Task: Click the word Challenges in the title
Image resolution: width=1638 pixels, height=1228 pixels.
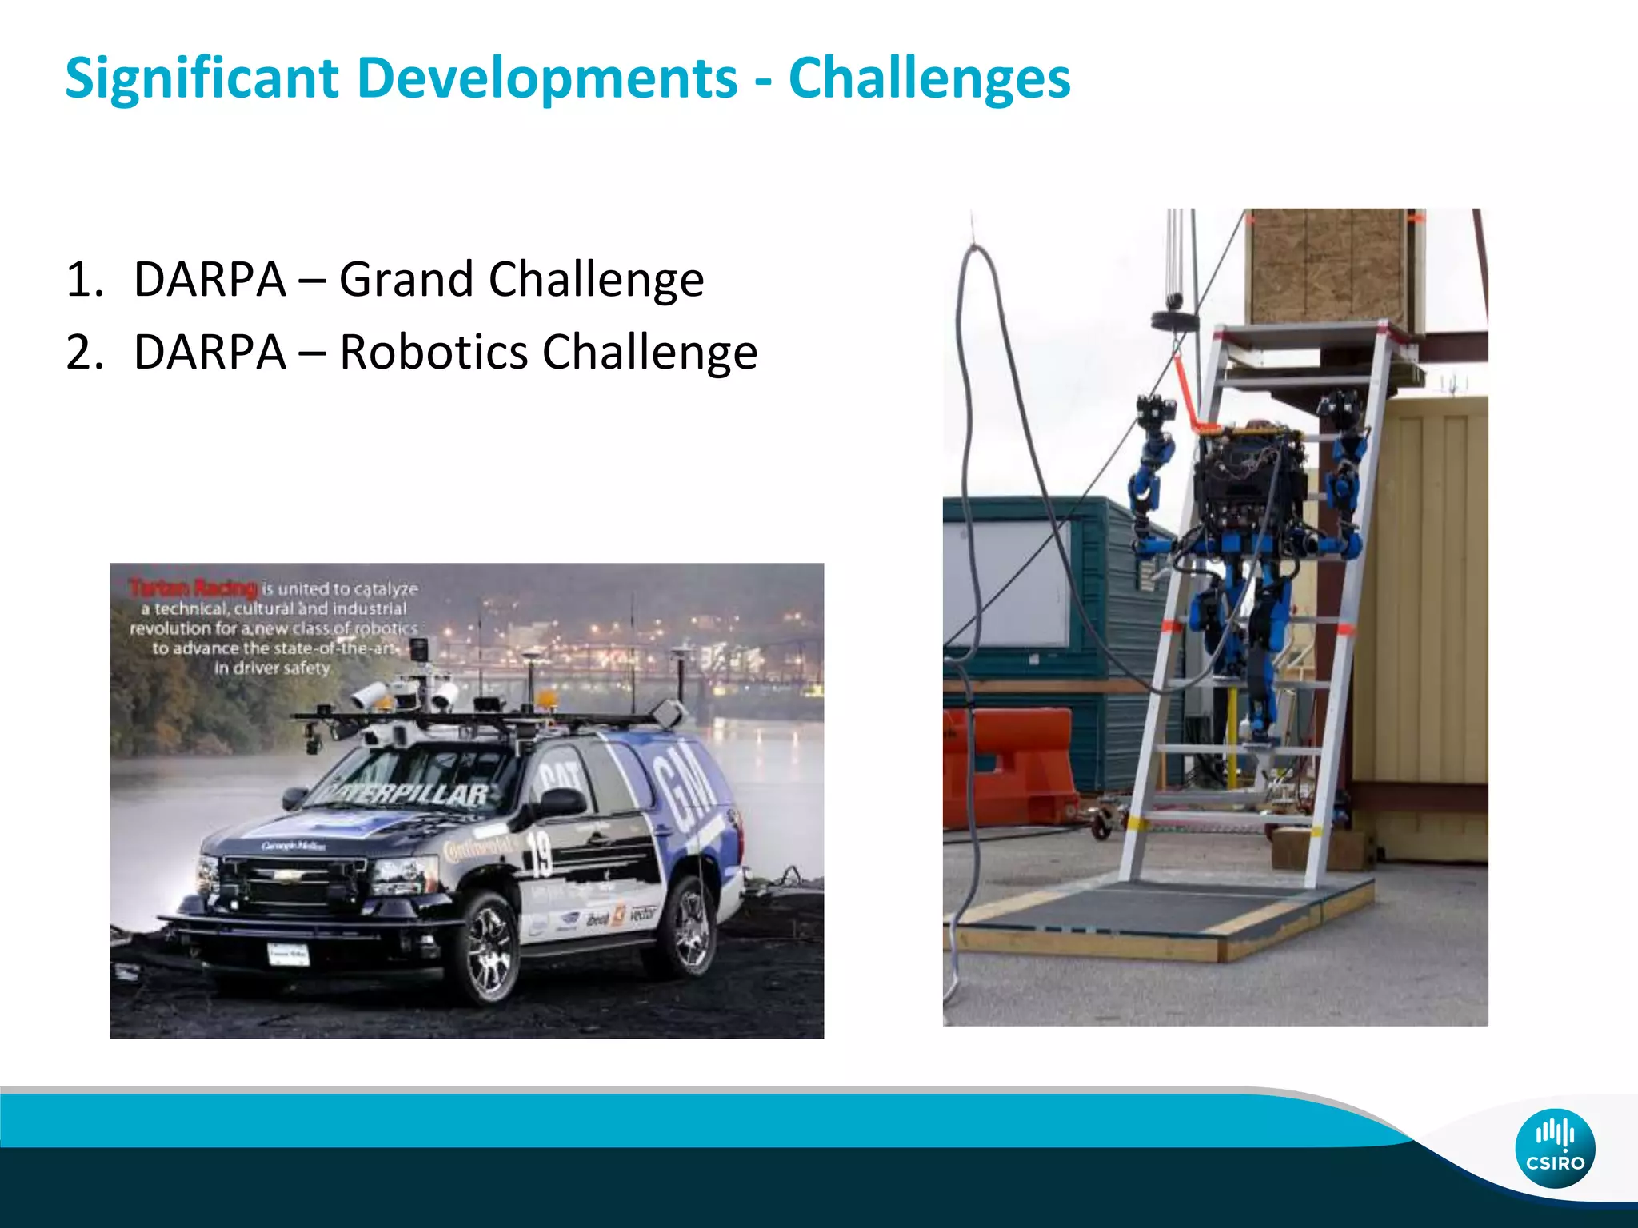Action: tap(929, 78)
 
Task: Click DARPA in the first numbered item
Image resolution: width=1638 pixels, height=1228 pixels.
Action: tap(210, 280)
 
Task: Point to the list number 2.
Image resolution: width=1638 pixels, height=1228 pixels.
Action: tap(85, 353)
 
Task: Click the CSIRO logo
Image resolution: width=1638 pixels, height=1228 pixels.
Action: tap(1555, 1148)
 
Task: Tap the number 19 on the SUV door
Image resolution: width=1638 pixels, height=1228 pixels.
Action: tap(538, 854)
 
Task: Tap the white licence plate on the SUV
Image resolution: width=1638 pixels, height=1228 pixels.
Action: tap(287, 954)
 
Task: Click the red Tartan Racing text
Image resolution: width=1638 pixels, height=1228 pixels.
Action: tap(193, 588)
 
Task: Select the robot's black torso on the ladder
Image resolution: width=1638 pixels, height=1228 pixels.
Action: tap(1242, 480)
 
